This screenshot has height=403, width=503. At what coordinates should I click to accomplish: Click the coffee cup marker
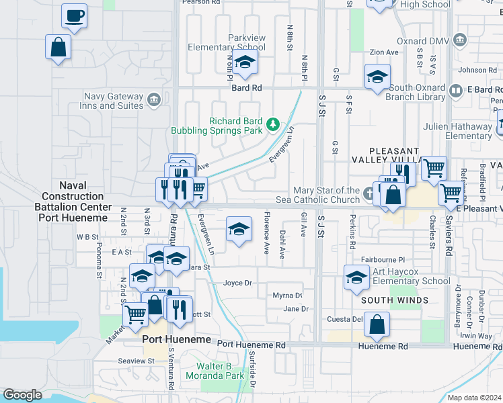click(74, 15)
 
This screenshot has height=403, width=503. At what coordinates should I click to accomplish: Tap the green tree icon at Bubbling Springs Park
click(273, 124)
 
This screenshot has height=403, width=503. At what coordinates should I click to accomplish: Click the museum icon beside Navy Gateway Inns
click(154, 100)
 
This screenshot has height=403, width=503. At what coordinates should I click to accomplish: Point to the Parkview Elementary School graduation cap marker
click(245, 63)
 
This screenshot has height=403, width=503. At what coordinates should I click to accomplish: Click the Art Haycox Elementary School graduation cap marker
click(356, 276)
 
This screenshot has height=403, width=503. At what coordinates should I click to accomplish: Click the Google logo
click(23, 395)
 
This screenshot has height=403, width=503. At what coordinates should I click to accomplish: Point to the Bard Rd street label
click(246, 88)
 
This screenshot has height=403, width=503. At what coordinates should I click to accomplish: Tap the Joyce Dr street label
click(237, 283)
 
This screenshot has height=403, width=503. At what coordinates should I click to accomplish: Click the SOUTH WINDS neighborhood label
click(394, 300)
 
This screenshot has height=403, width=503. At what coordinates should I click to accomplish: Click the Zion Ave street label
click(384, 52)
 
